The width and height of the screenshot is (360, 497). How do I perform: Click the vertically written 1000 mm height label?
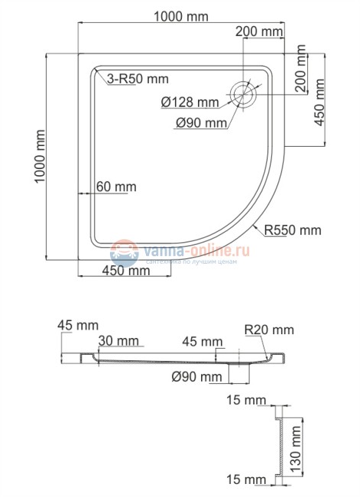tap(39, 160)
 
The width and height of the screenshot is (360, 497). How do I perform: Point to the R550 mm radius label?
tap(293, 229)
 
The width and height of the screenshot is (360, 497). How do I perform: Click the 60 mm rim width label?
tap(117, 187)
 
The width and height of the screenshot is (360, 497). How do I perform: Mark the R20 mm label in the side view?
tap(270, 330)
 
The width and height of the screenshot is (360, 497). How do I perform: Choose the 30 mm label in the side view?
tap(118, 341)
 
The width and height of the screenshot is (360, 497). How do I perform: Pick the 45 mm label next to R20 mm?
tap(203, 341)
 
